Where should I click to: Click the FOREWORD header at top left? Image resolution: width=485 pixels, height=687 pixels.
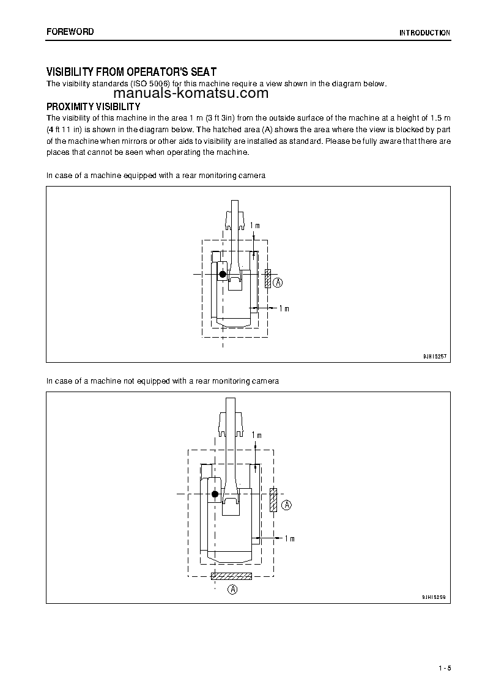click(70, 32)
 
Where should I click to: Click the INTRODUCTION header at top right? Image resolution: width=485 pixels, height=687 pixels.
click(424, 33)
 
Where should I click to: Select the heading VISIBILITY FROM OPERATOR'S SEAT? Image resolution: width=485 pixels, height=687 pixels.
click(131, 72)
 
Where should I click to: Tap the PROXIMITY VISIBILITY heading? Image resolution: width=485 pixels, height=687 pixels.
click(94, 106)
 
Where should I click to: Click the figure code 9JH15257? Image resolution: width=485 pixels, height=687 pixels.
click(435, 355)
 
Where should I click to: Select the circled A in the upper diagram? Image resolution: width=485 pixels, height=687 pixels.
click(278, 283)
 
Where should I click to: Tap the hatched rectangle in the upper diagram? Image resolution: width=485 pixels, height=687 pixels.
click(268, 278)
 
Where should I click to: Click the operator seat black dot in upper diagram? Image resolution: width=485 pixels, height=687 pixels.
click(223, 274)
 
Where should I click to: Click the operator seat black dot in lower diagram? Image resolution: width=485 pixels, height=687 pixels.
click(215, 494)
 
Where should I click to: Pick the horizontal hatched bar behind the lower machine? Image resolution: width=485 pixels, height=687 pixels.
click(231, 576)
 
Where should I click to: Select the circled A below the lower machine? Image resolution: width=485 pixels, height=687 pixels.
click(232, 590)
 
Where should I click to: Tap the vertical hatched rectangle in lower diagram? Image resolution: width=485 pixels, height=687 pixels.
click(273, 500)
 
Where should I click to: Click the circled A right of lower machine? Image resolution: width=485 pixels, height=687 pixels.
click(287, 505)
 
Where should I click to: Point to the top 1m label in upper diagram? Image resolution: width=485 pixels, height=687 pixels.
click(256, 226)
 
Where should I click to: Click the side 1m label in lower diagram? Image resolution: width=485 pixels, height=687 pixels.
click(289, 538)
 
